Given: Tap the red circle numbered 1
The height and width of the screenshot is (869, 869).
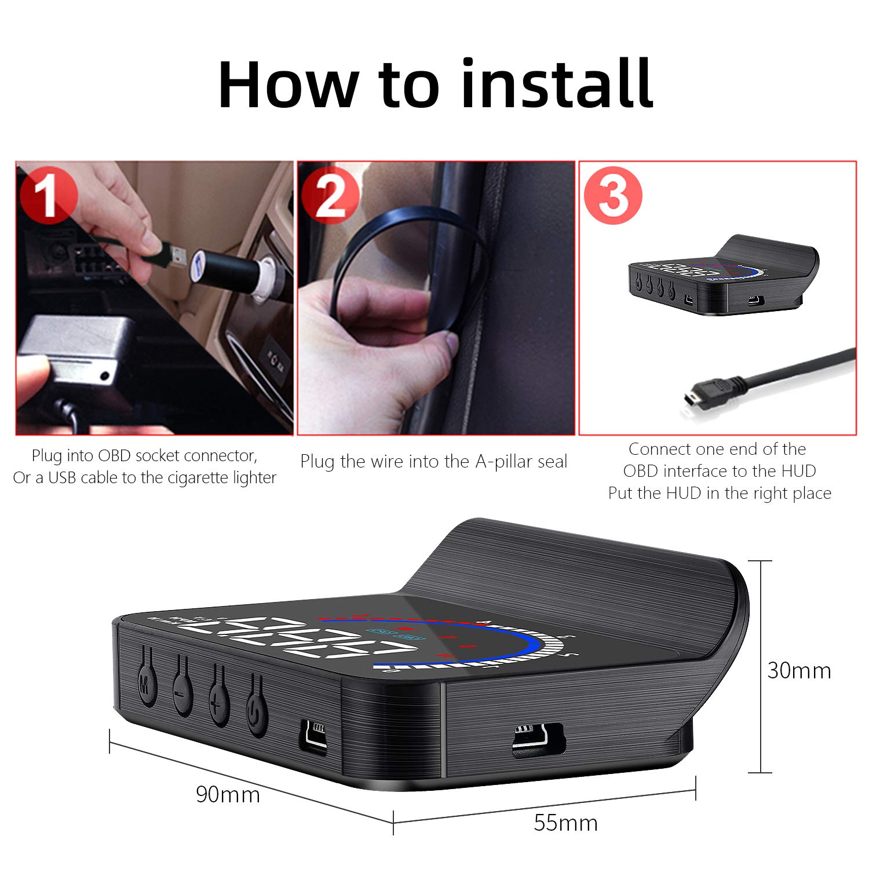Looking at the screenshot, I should pyautogui.click(x=48, y=195).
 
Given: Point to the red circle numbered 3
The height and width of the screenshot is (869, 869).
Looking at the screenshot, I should pyautogui.click(x=613, y=195).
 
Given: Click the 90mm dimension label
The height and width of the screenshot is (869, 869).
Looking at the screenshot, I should pyautogui.click(x=228, y=794).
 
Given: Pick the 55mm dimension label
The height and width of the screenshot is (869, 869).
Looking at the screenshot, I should pyautogui.click(x=565, y=823).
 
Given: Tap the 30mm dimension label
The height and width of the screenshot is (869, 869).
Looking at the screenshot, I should pyautogui.click(x=799, y=670).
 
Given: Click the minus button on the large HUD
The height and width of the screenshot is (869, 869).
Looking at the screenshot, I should pyautogui.click(x=182, y=692).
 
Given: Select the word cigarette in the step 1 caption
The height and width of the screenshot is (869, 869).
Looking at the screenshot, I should pyautogui.click(x=186, y=478).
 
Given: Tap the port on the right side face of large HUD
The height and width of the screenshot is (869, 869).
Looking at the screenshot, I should pyautogui.click(x=538, y=740).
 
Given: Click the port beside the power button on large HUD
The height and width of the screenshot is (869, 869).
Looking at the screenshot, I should pyautogui.click(x=313, y=735).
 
